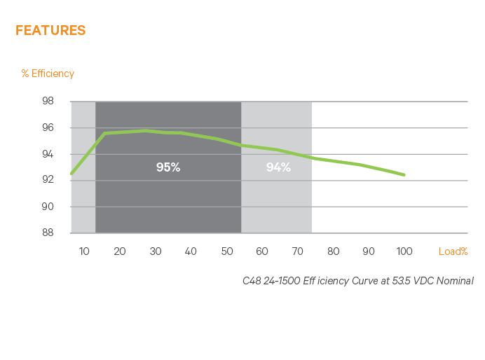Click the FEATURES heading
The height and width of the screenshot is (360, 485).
pos(50,30)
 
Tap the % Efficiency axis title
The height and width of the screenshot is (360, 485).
pos(48,73)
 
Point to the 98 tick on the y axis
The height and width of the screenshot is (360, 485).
pos(48,101)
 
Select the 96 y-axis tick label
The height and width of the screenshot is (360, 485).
pos(48,127)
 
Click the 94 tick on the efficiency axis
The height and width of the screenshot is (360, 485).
pos(48,153)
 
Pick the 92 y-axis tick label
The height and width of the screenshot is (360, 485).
pos(48,180)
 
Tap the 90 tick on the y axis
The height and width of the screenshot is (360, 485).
pos(48,207)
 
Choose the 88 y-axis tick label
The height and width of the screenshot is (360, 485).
pos(48,233)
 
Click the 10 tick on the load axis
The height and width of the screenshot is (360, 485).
pos(83,251)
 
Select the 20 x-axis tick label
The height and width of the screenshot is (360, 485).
pos(119,251)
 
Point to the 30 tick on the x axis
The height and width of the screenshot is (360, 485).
pos(155,251)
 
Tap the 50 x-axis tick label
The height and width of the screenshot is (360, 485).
pos(226,251)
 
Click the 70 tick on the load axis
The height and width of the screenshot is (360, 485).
pos(298,251)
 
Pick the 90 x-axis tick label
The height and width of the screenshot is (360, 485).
pos(369,251)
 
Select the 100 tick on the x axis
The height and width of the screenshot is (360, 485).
pos(404,251)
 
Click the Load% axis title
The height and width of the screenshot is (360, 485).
pos(453,251)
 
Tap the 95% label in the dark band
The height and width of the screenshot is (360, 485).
pos(168,167)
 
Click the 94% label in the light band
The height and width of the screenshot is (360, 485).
pos(278,167)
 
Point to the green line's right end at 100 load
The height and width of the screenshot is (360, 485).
pos(404,174)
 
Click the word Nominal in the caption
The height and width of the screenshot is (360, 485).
pos(456,280)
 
